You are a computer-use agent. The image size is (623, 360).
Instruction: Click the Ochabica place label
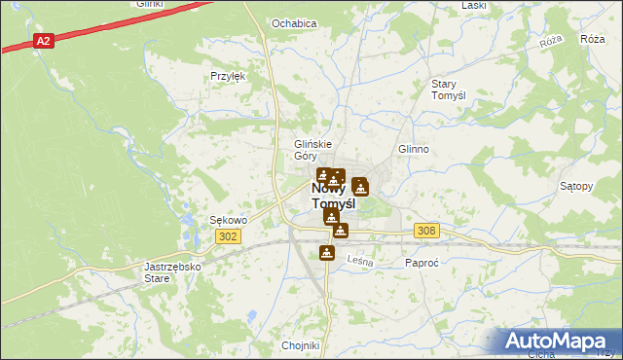(294, 22)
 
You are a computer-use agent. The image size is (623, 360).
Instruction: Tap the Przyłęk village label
(228, 75)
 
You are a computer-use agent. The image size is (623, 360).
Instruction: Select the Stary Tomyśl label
(450, 90)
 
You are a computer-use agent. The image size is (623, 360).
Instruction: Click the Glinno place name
(414, 149)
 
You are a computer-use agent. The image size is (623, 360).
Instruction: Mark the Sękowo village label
(229, 220)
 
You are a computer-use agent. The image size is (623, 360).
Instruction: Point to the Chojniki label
(300, 345)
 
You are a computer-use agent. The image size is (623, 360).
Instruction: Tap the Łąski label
(474, 5)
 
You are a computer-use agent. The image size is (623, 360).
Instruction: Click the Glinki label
(149, 4)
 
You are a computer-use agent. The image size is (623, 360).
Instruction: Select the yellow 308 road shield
(425, 231)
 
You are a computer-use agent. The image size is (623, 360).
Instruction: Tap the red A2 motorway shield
(43, 41)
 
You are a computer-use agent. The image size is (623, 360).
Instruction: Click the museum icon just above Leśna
(327, 254)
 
